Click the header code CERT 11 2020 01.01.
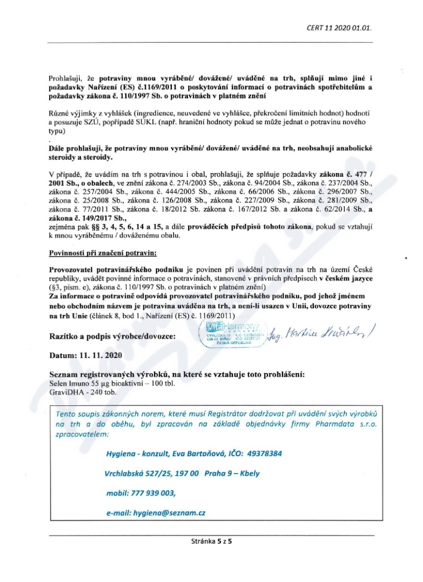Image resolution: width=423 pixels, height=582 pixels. pos(343,28)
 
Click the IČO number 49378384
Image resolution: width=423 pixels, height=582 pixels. pos(262,453)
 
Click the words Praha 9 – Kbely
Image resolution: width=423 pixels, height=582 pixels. pos(232,473)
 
